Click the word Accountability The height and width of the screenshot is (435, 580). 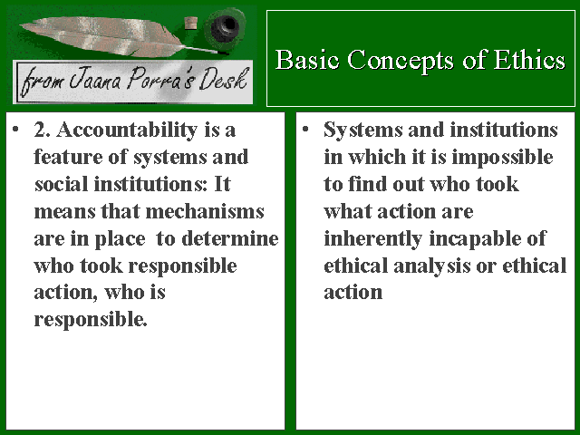127,130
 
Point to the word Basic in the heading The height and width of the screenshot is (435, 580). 307,60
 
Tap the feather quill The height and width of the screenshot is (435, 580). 119,36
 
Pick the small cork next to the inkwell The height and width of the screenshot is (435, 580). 191,22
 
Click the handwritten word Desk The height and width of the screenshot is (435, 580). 223,79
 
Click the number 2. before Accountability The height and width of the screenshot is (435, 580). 43,130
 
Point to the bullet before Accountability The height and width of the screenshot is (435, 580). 15,130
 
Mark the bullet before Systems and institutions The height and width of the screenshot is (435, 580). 305,130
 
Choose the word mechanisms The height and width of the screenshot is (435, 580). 205,211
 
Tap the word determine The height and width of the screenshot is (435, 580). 230,238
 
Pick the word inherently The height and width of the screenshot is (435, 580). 372,239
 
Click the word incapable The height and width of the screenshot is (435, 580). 474,239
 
